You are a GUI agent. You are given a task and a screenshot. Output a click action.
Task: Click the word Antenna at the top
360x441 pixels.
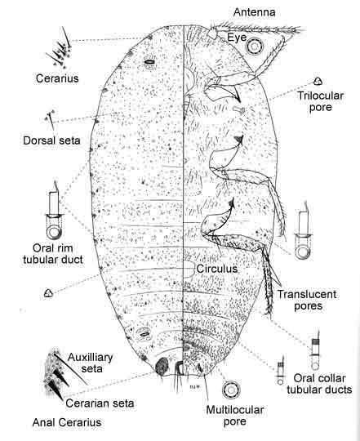(255, 12)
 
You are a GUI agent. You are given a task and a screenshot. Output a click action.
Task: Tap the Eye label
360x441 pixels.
(237, 38)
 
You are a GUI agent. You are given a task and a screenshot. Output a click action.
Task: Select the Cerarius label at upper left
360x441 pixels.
(57, 78)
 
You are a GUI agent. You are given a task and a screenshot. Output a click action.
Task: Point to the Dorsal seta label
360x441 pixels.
(51, 140)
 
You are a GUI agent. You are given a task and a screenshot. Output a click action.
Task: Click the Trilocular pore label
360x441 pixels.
(321, 101)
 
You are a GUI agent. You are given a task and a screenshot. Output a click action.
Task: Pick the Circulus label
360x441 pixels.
(217, 269)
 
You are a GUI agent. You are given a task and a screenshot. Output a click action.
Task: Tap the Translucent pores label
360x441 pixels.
(307, 300)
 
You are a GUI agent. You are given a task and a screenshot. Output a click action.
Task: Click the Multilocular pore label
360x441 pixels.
(235, 416)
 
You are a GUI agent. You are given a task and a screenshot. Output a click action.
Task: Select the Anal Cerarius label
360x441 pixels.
(67, 422)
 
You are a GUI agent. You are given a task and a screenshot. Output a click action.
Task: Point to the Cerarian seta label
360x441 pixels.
(100, 403)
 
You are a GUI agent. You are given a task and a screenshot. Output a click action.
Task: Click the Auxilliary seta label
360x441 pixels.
(91, 363)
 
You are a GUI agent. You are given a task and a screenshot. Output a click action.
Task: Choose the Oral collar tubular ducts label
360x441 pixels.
(319, 384)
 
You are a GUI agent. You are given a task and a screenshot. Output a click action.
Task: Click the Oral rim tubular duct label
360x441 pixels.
(53, 254)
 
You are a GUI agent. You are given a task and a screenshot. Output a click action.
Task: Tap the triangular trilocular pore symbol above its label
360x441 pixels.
(318, 82)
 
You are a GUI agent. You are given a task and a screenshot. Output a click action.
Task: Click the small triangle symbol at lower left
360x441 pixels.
(48, 293)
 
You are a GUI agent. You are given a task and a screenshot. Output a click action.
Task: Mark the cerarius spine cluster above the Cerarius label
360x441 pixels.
(60, 49)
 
